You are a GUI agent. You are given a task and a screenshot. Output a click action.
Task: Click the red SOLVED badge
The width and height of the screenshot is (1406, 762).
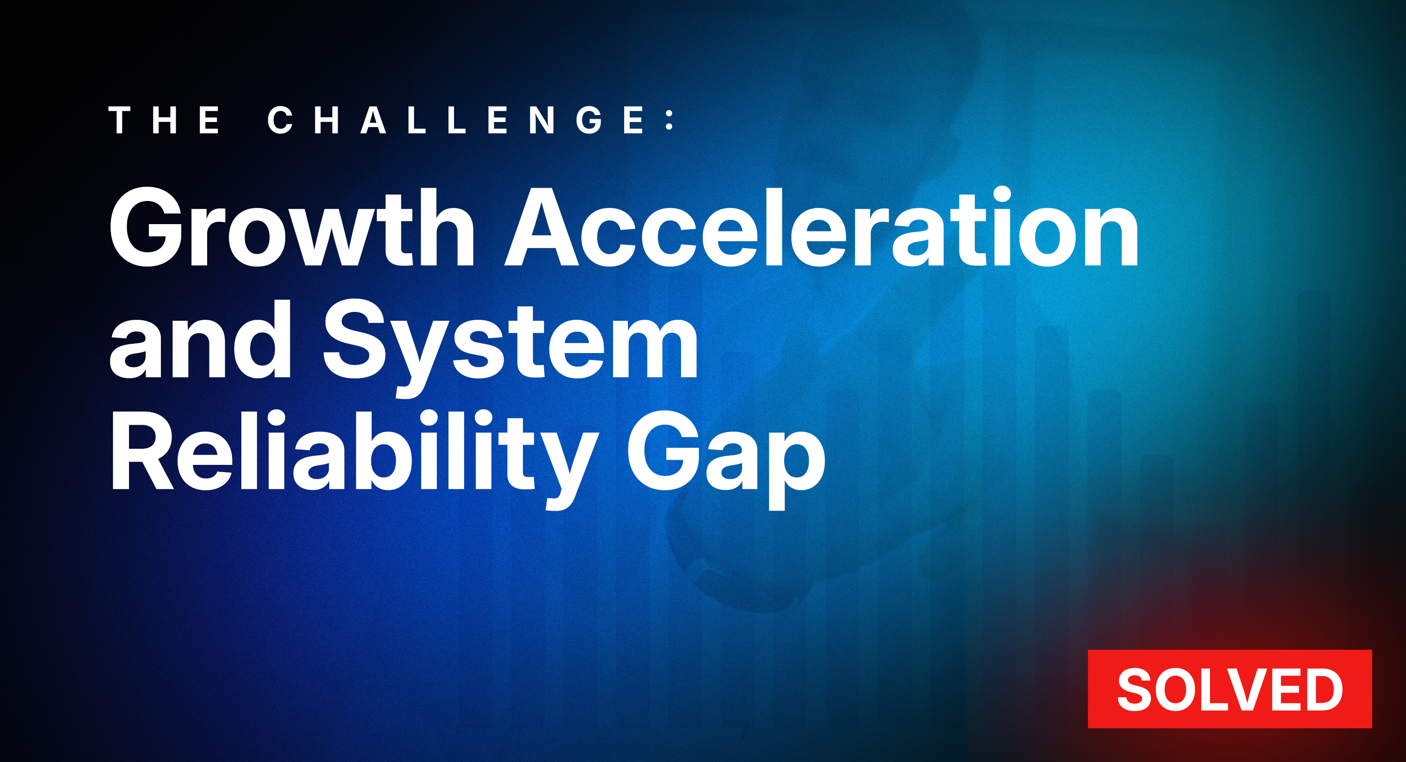1230,689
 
